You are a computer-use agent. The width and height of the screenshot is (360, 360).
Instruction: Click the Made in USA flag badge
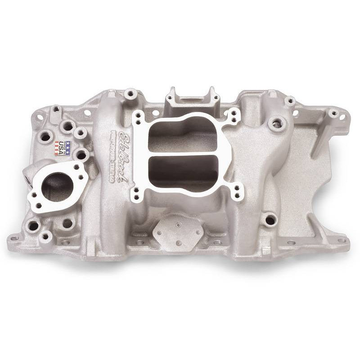[x=63, y=148]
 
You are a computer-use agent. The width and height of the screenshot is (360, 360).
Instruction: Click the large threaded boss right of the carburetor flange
[x=276, y=122]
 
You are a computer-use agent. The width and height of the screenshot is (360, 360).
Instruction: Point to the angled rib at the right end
[x=322, y=135]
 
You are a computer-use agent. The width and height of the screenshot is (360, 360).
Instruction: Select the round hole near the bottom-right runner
[x=270, y=220]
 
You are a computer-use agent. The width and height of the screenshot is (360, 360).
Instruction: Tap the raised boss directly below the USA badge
[x=81, y=155]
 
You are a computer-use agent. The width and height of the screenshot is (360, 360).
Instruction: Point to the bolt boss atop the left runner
[x=131, y=94]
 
